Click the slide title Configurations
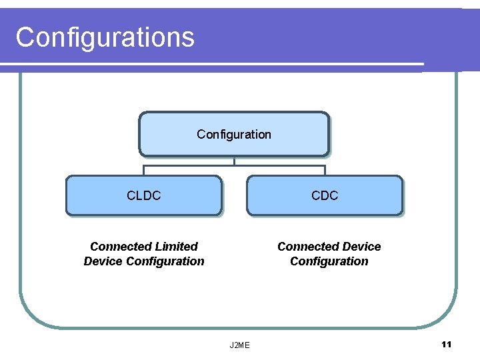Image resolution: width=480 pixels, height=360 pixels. pos(105,37)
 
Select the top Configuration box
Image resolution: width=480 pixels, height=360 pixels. pos(233,134)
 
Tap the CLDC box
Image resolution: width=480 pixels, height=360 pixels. pos(143,195)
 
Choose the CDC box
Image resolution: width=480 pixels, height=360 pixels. pos(325,195)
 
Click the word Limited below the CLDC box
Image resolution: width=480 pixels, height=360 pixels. pos(177,247)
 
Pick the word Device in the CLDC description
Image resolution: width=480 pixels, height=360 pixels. pos(103,261)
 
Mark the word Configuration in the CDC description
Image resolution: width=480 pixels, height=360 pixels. pos(329,261)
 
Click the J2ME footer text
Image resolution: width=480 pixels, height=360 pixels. pos(239,345)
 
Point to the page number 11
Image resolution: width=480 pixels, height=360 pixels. pos(446,344)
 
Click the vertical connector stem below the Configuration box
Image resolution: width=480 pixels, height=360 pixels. pos(234,160)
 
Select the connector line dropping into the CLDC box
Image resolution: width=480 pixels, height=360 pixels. pos(143,170)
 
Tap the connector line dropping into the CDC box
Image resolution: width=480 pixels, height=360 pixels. pos(325,170)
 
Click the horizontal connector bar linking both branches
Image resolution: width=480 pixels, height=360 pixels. pos(280,165)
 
